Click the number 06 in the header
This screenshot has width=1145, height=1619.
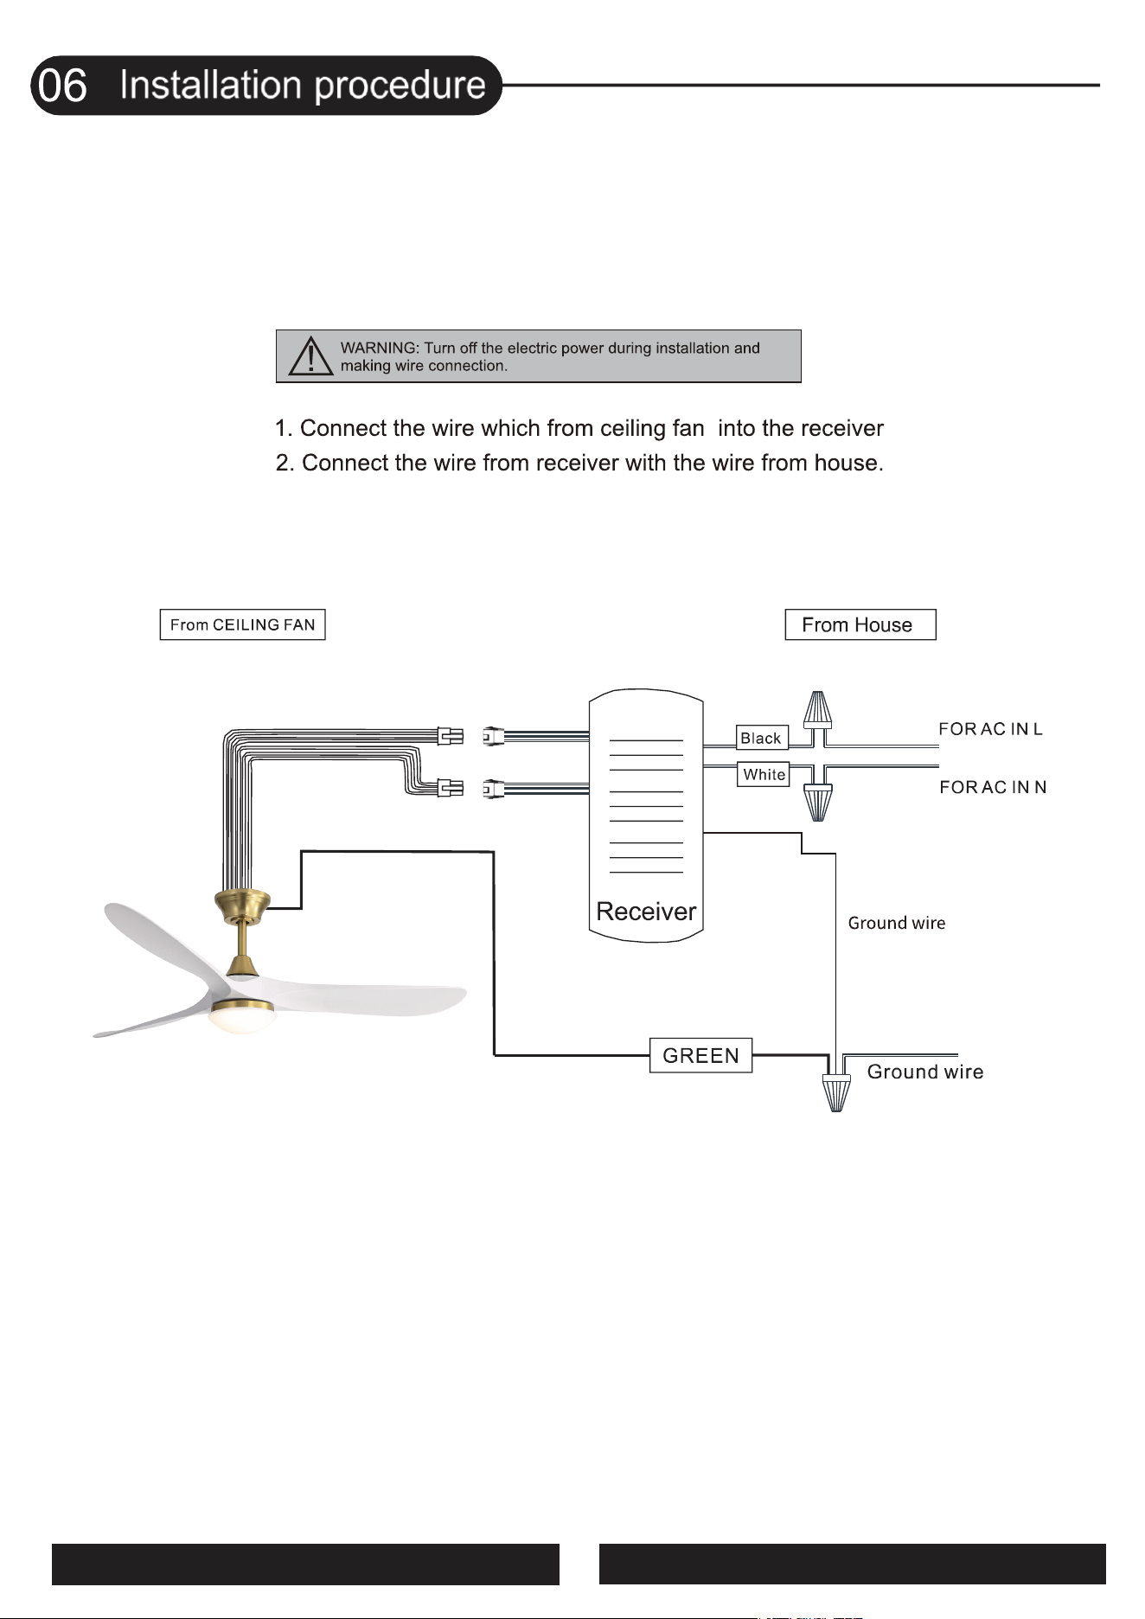point(63,86)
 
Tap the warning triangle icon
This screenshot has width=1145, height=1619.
point(310,356)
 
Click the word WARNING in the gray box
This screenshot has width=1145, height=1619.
point(378,348)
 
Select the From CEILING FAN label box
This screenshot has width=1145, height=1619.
point(242,624)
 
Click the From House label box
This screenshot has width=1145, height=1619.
point(860,624)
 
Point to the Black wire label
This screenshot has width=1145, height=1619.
point(762,738)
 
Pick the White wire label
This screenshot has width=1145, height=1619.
point(764,774)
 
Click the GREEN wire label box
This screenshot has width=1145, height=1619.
point(700,1055)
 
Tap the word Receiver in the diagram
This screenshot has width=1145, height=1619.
point(646,912)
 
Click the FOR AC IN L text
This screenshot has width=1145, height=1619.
point(991,729)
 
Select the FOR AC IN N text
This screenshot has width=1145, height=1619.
point(993,787)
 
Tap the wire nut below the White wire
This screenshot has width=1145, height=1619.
point(818,801)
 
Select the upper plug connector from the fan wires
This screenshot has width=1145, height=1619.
point(451,736)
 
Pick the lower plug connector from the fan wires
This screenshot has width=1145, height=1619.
point(451,787)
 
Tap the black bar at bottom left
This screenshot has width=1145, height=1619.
point(305,1564)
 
